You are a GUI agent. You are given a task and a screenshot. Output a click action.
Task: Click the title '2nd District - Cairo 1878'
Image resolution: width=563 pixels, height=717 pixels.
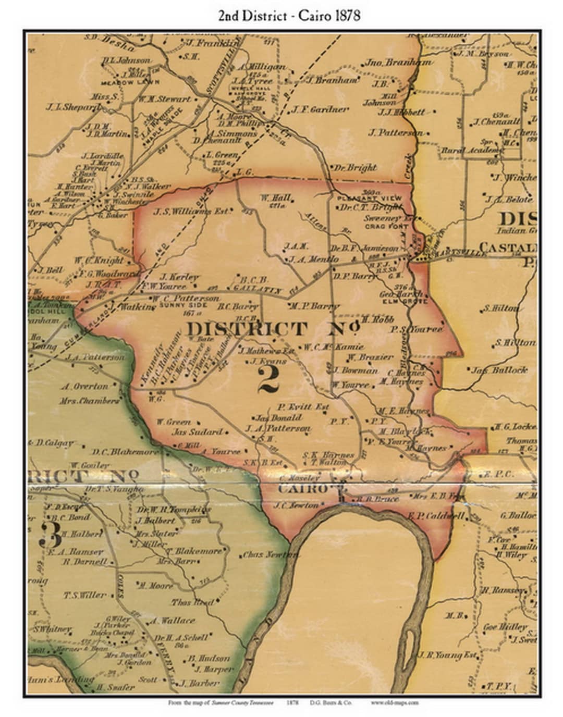(x=289, y=15)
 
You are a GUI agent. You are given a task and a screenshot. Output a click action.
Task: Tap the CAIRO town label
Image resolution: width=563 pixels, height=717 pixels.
(x=302, y=489)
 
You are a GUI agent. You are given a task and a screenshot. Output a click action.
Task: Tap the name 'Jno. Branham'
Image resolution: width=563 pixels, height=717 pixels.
(x=398, y=62)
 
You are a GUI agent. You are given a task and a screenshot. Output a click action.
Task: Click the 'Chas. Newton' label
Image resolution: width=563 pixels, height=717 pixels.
(x=270, y=555)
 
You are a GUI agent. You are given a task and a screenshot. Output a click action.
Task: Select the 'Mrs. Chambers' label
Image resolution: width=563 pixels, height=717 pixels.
(x=89, y=401)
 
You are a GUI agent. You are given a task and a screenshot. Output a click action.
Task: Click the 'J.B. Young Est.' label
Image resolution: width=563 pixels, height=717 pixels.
(x=447, y=655)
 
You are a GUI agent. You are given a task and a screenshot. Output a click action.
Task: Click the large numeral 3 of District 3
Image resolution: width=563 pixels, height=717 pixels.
(x=51, y=534)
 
